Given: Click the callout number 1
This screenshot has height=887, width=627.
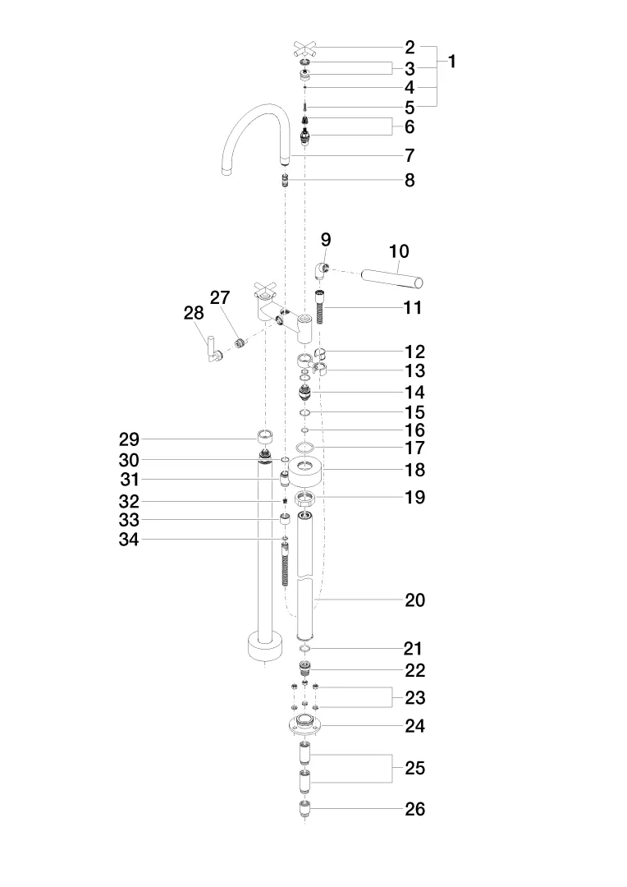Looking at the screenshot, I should coord(451,62).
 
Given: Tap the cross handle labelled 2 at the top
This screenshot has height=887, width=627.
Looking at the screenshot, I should coord(305,48).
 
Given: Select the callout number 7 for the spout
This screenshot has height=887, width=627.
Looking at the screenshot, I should coord(410,155).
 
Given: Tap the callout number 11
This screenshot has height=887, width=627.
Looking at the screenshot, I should coord(413,308).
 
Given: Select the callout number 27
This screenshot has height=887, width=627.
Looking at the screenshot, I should coord(219,297).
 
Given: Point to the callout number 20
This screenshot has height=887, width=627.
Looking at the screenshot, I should coord(415,600).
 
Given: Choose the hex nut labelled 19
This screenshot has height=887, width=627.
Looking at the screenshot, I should coord(305,498).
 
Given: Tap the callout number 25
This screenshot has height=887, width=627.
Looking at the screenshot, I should coord(415,769).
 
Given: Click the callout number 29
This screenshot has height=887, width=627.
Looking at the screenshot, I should coord(129,439).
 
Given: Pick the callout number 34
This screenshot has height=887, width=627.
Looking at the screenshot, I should coord(129,540).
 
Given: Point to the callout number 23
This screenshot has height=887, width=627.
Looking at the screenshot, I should coord(415,698).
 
